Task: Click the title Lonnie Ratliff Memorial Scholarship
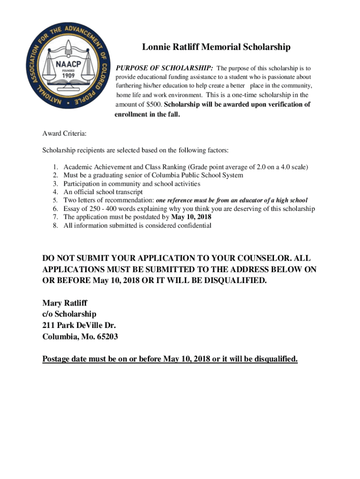[x=216, y=47]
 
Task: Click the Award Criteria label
[x=65, y=134]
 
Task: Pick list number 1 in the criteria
[x=55, y=167]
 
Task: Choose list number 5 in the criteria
[x=55, y=200]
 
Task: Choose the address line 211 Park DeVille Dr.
[x=79, y=325]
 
